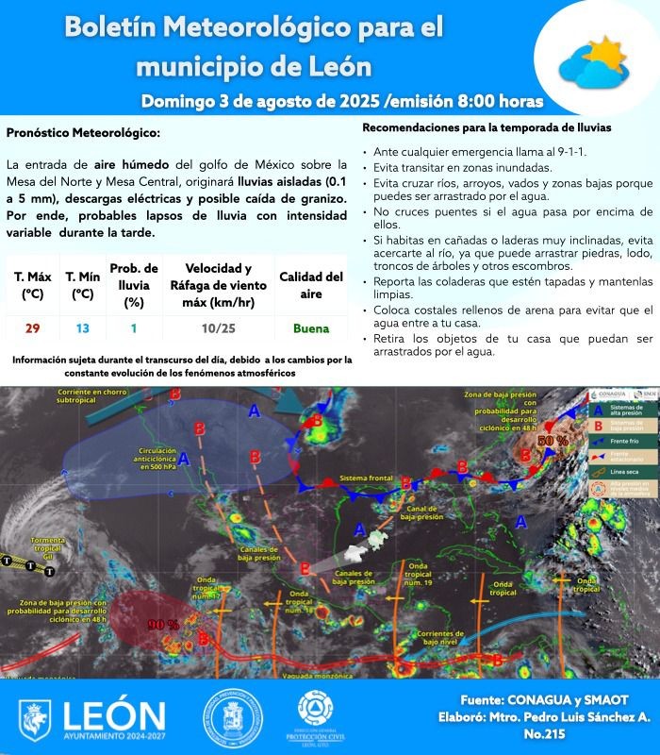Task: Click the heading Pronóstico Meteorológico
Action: click(83, 133)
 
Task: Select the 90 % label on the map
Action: click(163, 624)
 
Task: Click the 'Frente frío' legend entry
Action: click(629, 442)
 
